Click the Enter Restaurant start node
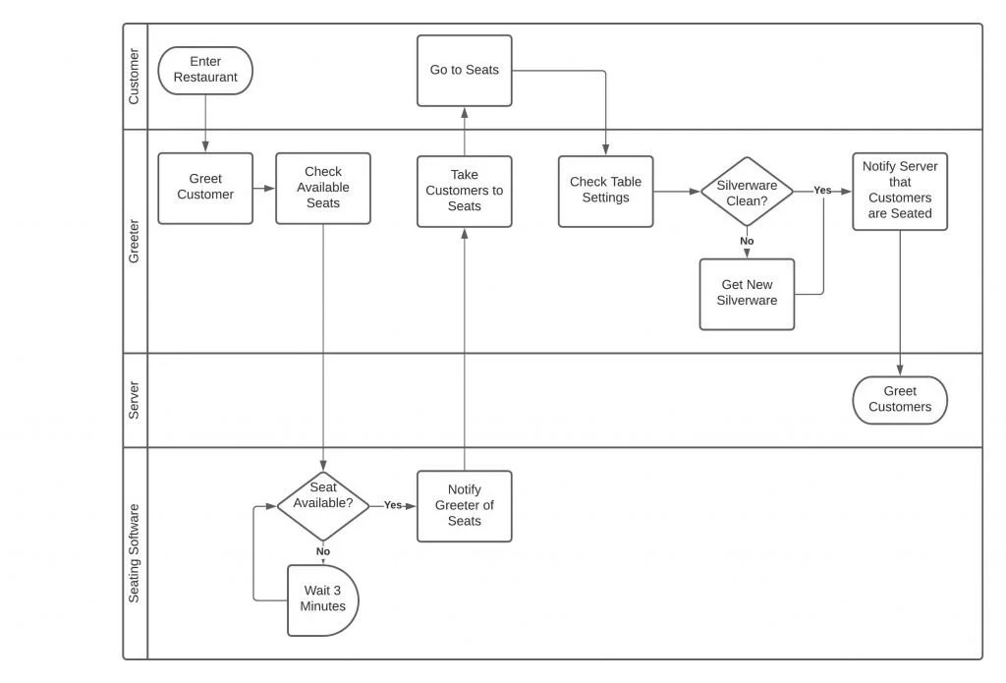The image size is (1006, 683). [205, 71]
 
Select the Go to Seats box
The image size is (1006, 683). [464, 71]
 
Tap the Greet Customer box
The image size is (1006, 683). [205, 188]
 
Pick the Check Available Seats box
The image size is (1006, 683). [323, 188]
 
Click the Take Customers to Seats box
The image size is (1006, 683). [464, 192]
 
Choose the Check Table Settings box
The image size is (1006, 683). [605, 192]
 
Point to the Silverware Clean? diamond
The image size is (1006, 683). [747, 192]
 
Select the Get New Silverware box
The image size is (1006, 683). [747, 294]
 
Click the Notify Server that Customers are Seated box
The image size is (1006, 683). [900, 192]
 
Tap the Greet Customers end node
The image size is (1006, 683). [900, 400]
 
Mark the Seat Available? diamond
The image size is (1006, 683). [323, 505]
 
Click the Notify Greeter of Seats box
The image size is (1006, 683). [464, 506]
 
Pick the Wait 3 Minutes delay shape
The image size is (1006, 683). [323, 599]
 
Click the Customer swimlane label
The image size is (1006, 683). [135, 77]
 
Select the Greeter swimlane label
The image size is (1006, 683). [135, 241]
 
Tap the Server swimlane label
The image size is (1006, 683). [135, 400]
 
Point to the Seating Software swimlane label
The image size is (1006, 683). [135, 553]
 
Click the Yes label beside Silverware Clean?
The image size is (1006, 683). [822, 191]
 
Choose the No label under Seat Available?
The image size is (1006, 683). [323, 551]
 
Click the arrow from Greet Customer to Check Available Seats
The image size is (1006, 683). [264, 188]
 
